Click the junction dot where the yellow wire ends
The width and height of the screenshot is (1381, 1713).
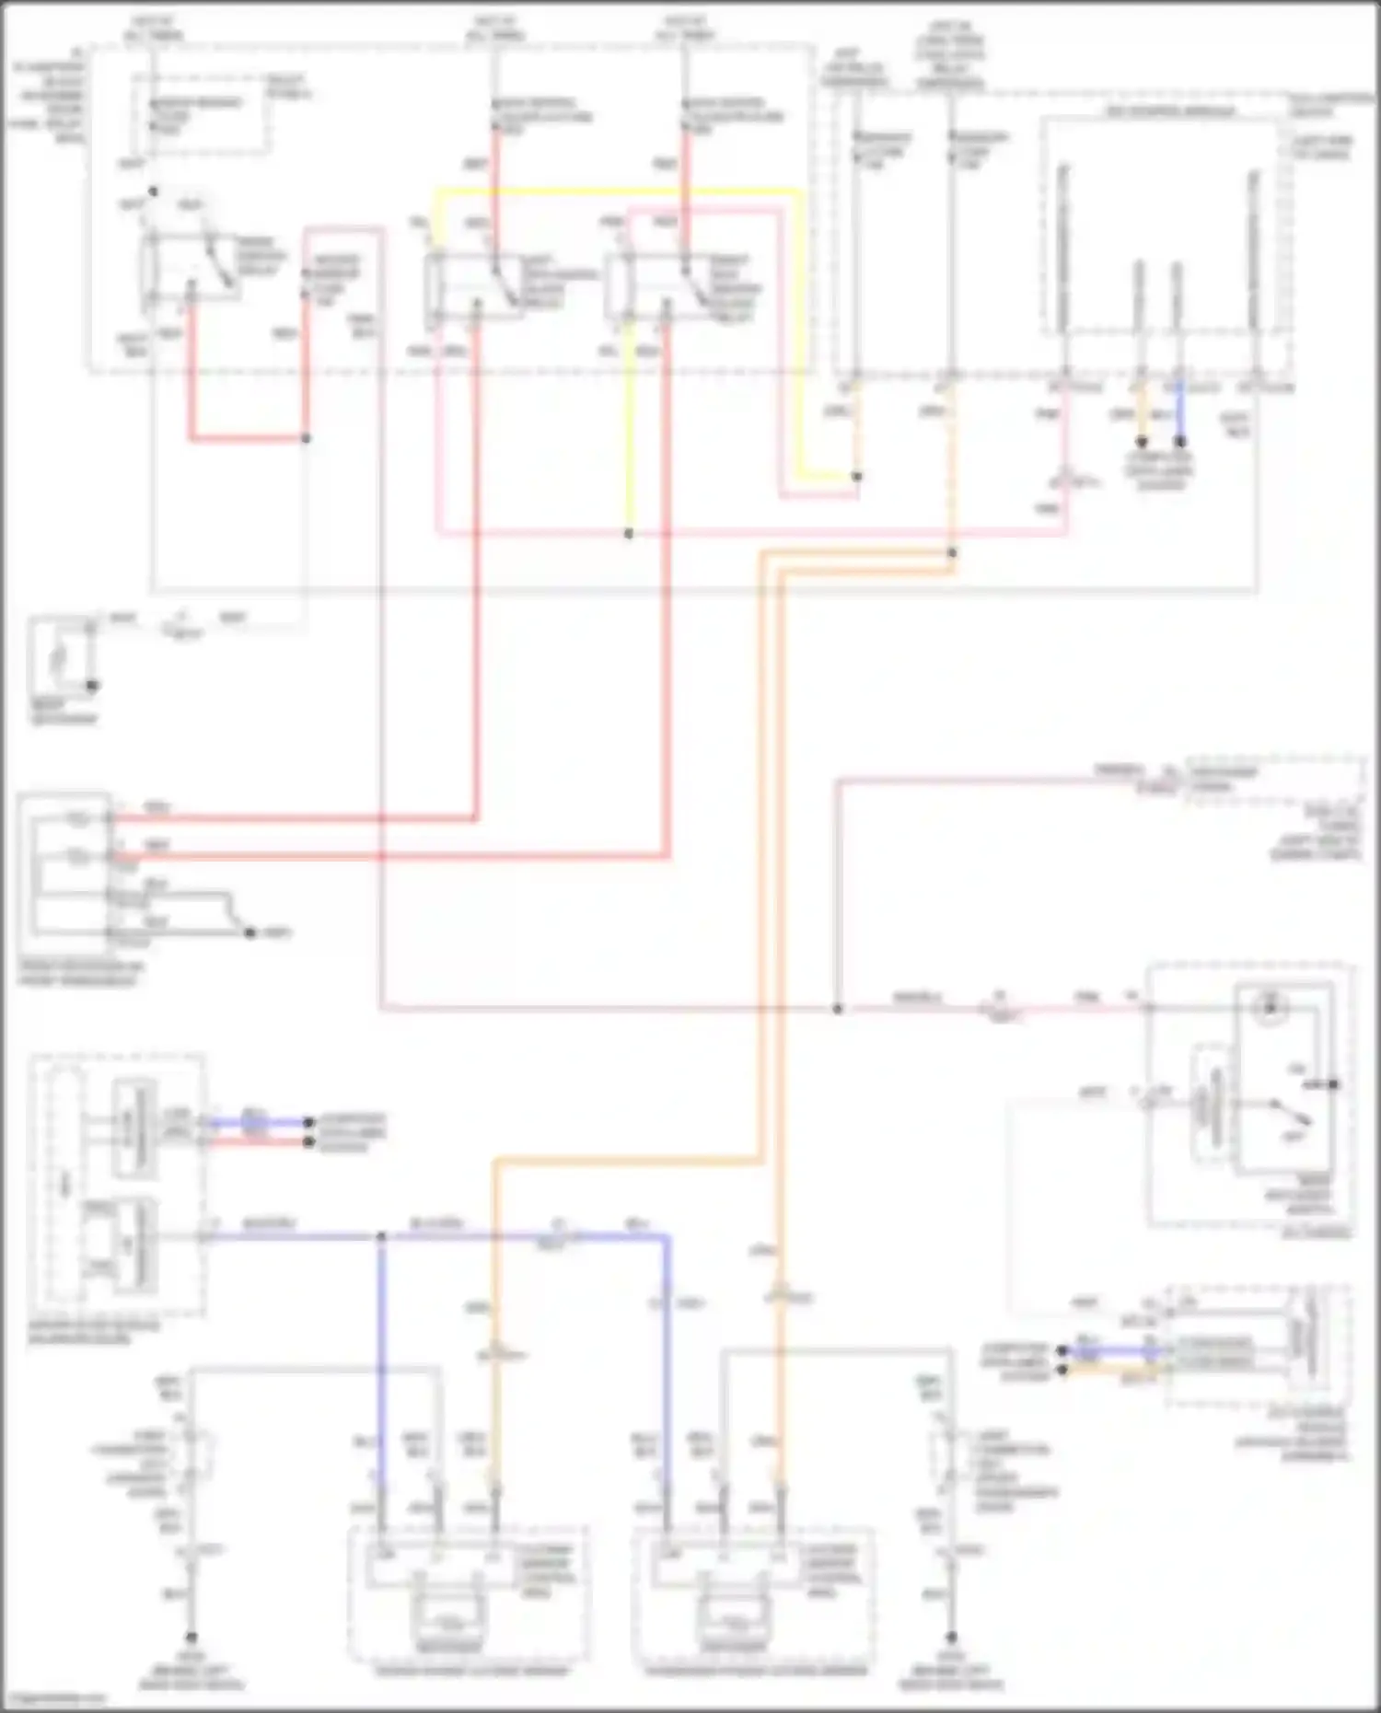click(856, 477)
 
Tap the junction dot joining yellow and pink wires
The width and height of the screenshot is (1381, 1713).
click(629, 534)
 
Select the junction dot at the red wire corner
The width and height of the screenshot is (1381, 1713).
click(306, 438)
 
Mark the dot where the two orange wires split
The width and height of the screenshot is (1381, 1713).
click(952, 553)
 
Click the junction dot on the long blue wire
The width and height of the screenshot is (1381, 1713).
click(381, 1236)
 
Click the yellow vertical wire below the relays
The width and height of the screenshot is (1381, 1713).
click(629, 433)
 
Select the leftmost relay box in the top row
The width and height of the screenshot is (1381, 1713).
click(191, 268)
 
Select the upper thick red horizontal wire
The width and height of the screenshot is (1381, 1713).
click(295, 818)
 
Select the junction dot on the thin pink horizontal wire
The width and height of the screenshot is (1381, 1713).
click(838, 1009)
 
